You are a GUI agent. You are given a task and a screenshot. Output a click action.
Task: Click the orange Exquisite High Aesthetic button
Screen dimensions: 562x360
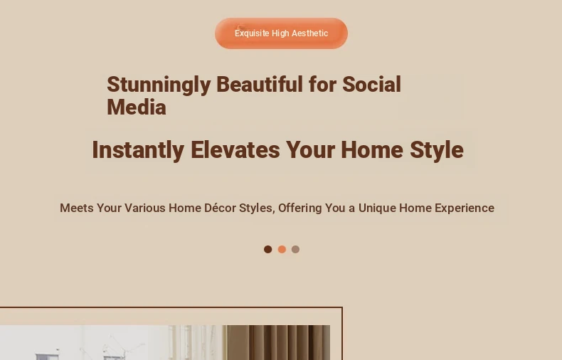pyautogui.click(x=282, y=33)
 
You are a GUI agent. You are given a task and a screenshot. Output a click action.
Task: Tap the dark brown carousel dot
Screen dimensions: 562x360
pyautogui.click(x=267, y=249)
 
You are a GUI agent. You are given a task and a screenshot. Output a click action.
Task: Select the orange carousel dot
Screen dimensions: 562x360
pyautogui.click(x=282, y=249)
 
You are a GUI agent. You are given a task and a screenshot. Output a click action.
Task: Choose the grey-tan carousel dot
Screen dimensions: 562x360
pyautogui.click(x=295, y=249)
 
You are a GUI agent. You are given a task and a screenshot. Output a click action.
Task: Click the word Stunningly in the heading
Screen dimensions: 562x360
pyautogui.click(x=159, y=85)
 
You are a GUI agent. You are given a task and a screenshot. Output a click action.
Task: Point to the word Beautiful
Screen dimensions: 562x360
pyautogui.click(x=260, y=84)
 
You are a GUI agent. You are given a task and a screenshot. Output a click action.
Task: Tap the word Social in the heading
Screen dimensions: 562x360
pyautogui.click(x=371, y=84)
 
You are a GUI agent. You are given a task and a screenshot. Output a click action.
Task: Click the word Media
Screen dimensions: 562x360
pyautogui.click(x=137, y=107)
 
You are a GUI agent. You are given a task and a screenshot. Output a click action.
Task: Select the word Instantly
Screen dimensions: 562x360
pyautogui.click(x=138, y=150)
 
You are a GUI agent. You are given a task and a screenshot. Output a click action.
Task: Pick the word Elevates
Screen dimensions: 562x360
pyautogui.click(x=235, y=149)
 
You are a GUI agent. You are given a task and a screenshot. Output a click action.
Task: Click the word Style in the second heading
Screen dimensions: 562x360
pyautogui.click(x=437, y=150)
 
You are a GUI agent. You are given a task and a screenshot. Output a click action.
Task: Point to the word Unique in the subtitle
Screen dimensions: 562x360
pyautogui.click(x=377, y=208)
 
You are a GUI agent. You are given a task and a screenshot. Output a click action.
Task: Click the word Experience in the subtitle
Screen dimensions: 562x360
pyautogui.click(x=465, y=208)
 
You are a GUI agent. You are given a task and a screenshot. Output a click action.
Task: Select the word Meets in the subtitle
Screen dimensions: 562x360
pyautogui.click(x=77, y=208)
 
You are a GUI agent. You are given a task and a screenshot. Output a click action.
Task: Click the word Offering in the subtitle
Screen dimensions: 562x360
pyautogui.click(x=300, y=208)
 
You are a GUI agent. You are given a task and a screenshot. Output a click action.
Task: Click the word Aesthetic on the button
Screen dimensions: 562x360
pyautogui.click(x=310, y=33)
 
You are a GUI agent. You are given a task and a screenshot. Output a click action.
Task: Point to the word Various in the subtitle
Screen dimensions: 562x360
pyautogui.click(x=145, y=208)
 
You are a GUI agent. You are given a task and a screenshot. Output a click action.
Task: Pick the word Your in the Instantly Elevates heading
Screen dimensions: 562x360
pyautogui.click(x=310, y=149)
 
